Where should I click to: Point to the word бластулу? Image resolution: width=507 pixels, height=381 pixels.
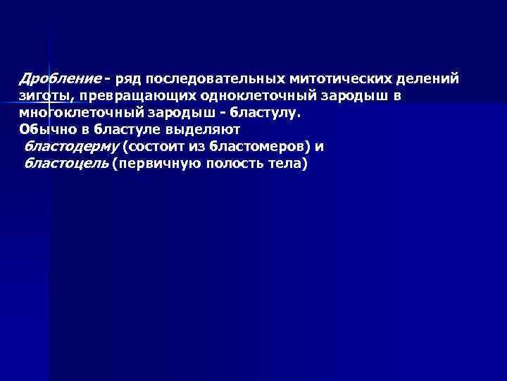[268, 112]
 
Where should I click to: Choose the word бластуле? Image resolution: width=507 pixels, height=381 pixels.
[129, 129]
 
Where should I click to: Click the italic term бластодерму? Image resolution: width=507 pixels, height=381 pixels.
[71, 147]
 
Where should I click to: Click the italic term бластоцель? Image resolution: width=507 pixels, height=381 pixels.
[67, 164]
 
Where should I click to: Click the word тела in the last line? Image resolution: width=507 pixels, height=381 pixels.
[286, 164]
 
